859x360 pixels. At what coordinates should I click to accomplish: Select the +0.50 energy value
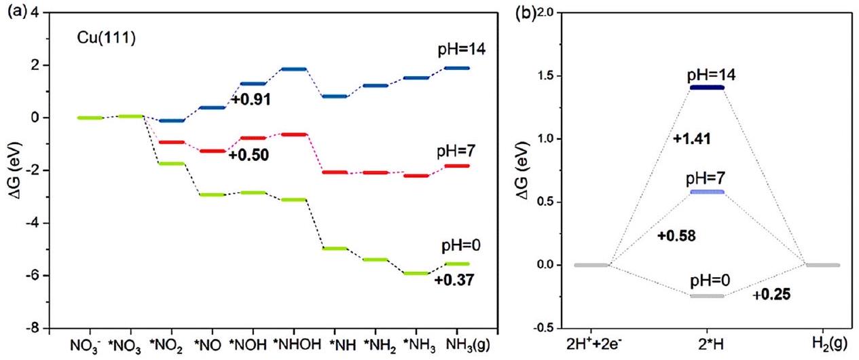[x=248, y=156]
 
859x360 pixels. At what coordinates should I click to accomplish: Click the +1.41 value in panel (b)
[x=689, y=139]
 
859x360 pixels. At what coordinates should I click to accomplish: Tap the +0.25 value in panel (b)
[x=771, y=295]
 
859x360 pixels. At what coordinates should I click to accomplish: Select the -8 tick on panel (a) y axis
[x=36, y=328]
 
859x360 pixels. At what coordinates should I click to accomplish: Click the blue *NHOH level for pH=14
[x=293, y=69]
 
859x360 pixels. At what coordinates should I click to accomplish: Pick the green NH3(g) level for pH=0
[x=456, y=264]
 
